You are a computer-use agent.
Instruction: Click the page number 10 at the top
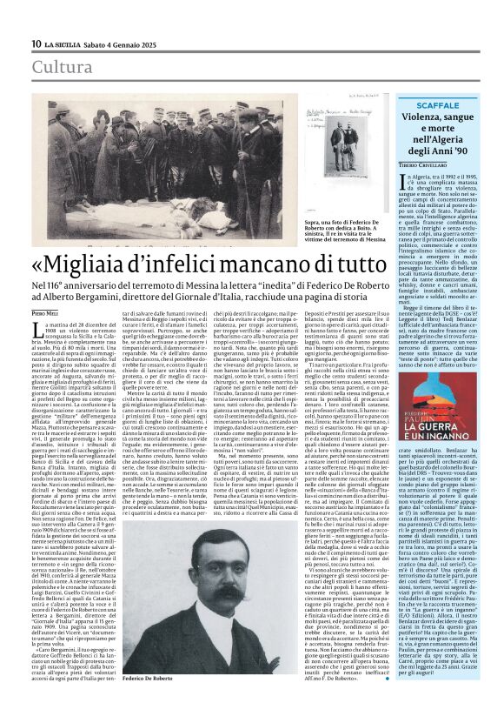[x=36, y=43]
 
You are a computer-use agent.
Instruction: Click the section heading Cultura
[x=61, y=67]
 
